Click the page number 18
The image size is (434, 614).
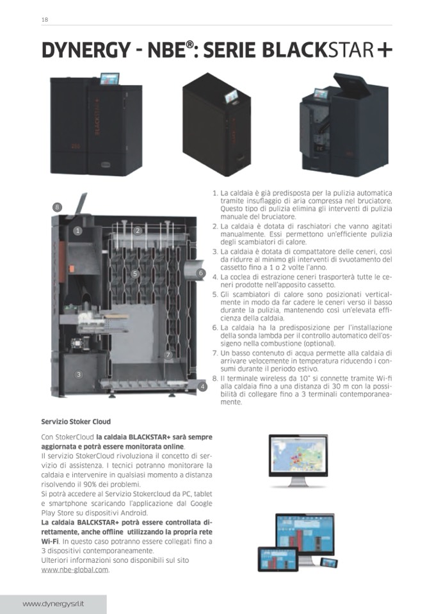(45, 20)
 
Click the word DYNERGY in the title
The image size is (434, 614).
(86, 51)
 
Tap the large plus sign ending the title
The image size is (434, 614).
(384, 50)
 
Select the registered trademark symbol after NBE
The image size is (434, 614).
(190, 45)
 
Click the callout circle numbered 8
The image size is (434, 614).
(58, 207)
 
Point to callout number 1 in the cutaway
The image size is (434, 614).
(78, 230)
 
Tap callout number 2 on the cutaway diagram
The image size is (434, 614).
(138, 230)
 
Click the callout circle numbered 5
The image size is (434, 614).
(135, 273)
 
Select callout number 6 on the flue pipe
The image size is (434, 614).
(201, 273)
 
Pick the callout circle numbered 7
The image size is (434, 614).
(168, 355)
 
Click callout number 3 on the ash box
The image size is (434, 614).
(79, 375)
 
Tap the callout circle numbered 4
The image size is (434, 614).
(202, 387)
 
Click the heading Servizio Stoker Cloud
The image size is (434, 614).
(76, 422)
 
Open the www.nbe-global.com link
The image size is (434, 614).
(75, 570)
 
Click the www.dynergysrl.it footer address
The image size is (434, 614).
(53, 604)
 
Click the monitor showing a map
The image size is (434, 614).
(298, 460)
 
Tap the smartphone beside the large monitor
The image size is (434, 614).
(329, 562)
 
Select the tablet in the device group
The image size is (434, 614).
(278, 559)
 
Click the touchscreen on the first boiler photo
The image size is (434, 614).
(109, 79)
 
